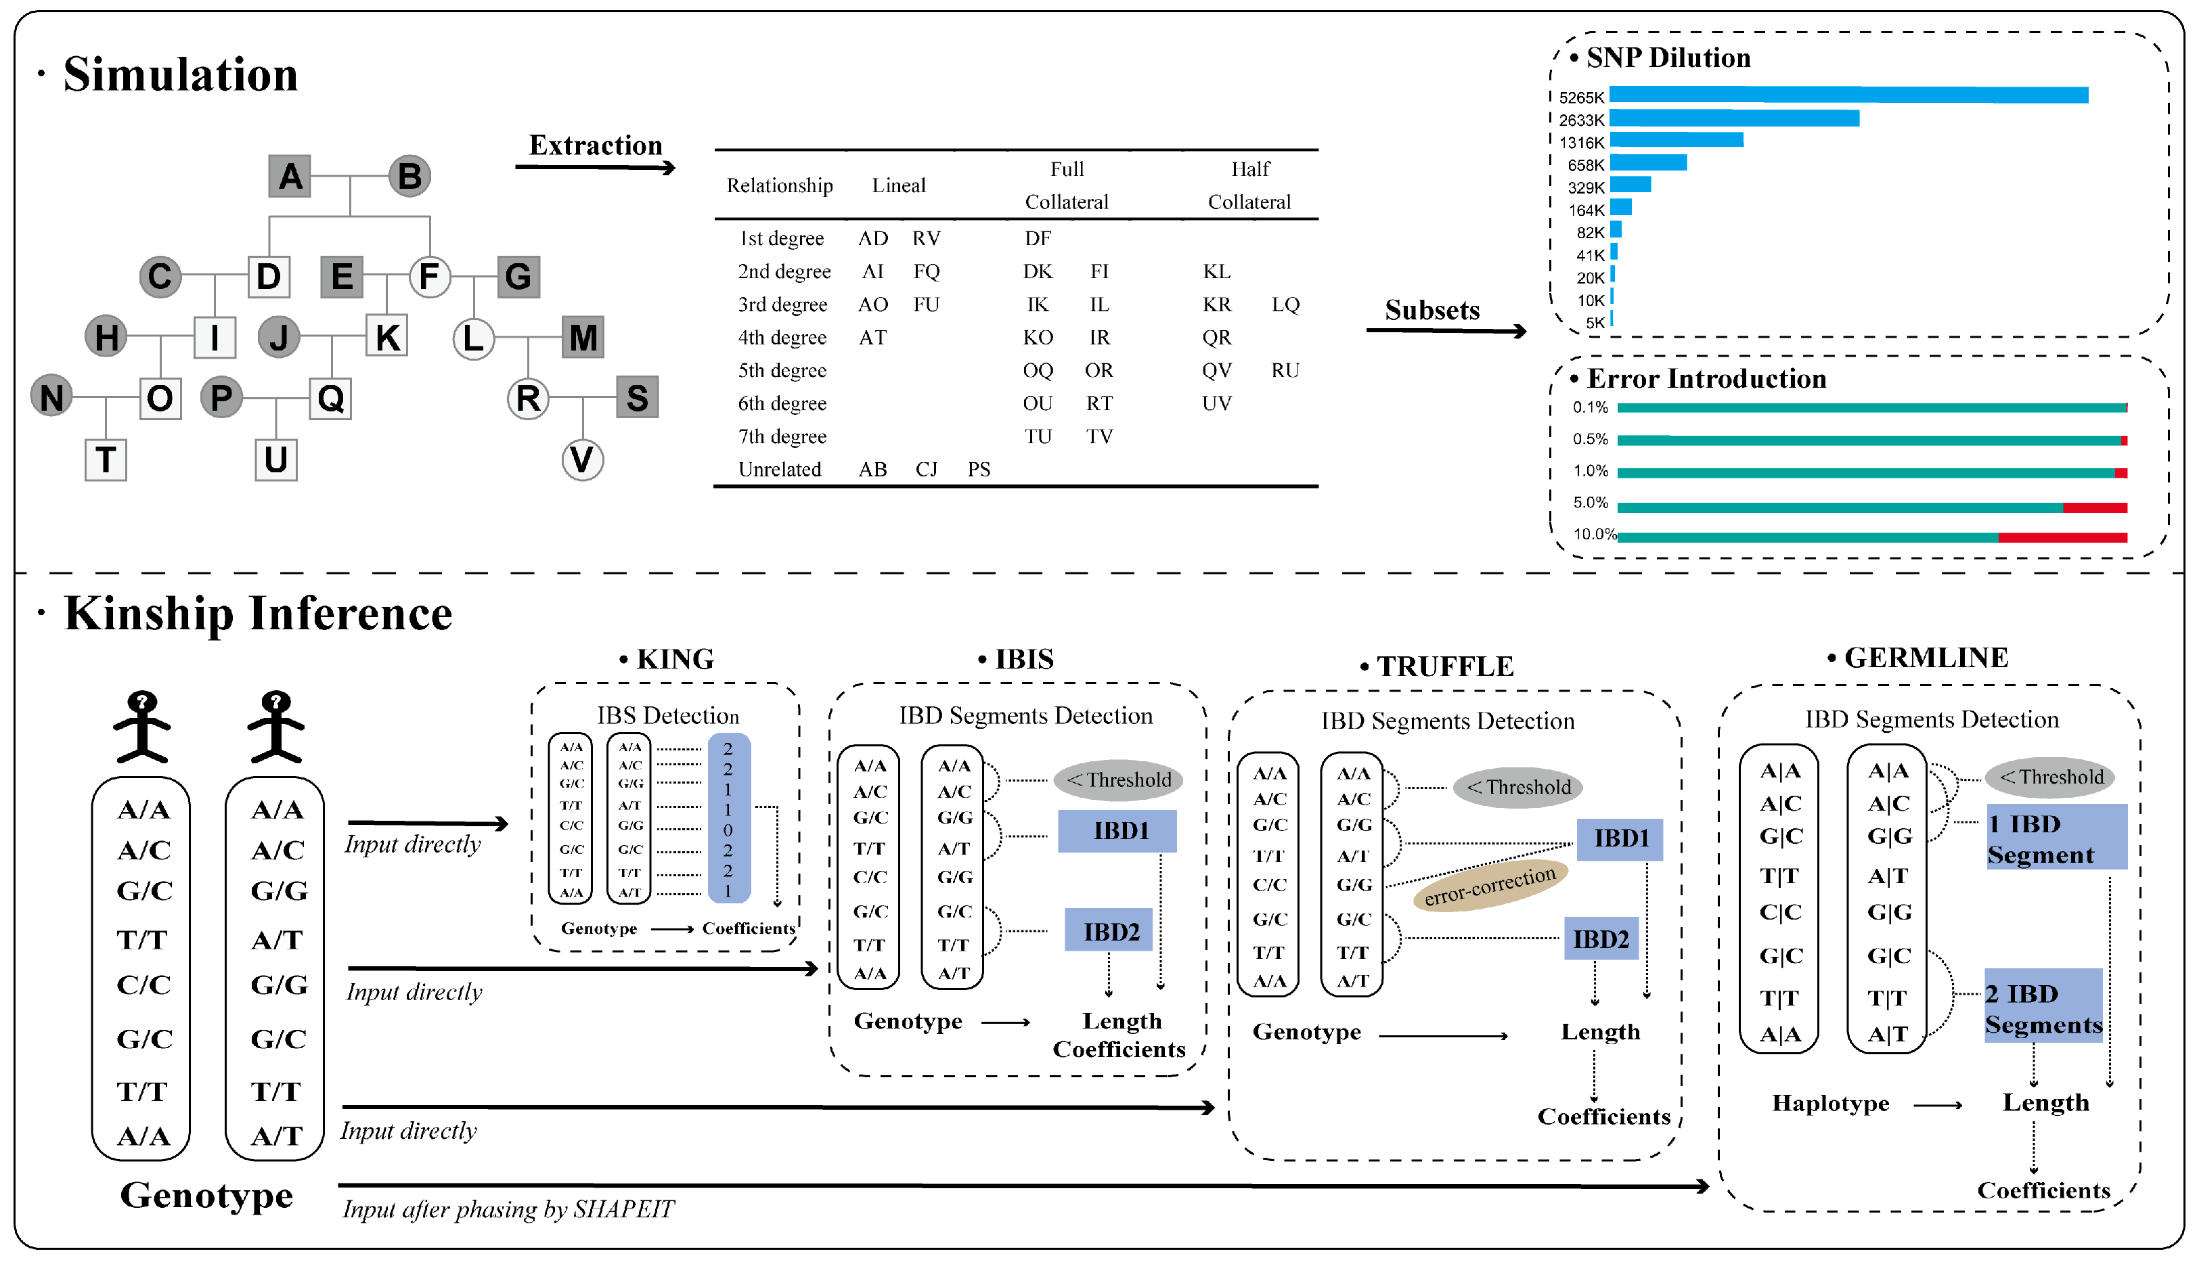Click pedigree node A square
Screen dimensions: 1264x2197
(x=290, y=176)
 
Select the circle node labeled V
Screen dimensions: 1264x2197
(x=582, y=459)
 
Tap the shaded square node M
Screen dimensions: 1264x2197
(x=583, y=337)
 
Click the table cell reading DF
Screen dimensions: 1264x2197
(x=1037, y=238)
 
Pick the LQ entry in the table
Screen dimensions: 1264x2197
(x=1285, y=304)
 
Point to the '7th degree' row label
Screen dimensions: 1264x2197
(x=782, y=436)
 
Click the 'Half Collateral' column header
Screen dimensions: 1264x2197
(x=1249, y=185)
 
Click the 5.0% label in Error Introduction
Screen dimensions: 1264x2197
(x=1589, y=503)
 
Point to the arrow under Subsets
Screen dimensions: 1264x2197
(x=1445, y=331)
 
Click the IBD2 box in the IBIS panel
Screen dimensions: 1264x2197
(x=1110, y=932)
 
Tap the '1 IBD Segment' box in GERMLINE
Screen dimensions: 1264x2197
(x=2055, y=838)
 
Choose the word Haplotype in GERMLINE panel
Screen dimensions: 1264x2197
(x=1829, y=1104)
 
